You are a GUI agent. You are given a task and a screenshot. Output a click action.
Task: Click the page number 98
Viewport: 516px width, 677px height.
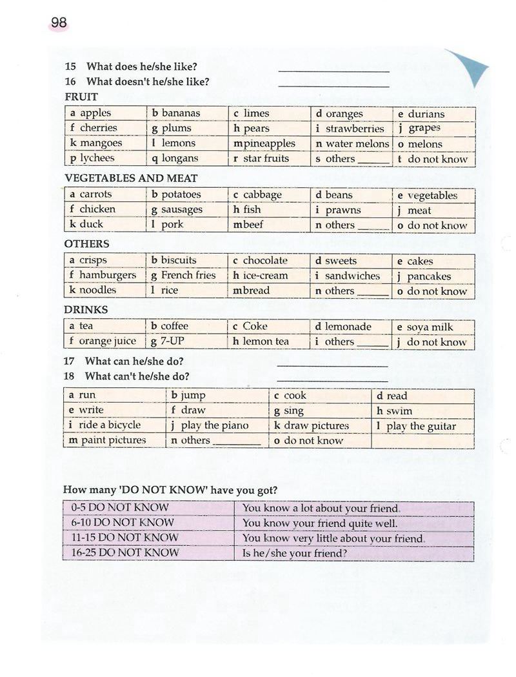tap(59, 23)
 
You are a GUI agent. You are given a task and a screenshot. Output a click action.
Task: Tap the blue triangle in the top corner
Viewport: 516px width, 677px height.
tap(470, 65)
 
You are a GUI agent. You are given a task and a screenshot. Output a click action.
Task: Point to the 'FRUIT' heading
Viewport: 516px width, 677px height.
tap(81, 97)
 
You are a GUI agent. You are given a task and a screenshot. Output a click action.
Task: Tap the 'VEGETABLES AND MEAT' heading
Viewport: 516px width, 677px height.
tap(131, 178)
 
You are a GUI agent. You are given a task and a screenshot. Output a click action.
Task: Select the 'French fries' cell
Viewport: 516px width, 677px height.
tap(188, 276)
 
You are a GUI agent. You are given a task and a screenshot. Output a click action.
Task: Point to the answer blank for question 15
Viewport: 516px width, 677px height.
tap(333, 68)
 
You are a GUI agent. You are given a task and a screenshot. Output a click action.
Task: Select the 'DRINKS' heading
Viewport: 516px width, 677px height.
tap(86, 310)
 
